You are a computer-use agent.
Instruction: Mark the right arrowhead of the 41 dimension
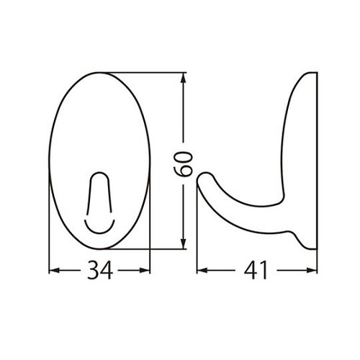(315, 271)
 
